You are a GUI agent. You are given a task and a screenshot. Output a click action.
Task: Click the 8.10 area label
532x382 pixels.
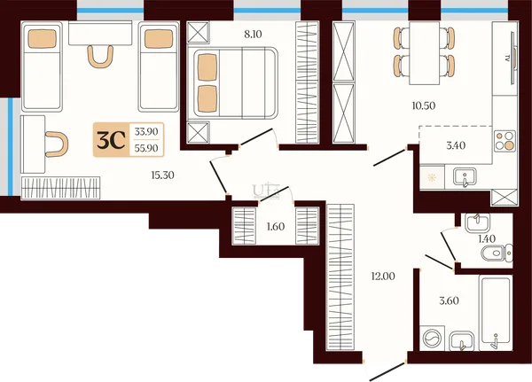[253, 35]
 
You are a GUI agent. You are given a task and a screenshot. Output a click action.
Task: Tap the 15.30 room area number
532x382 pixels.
[162, 175]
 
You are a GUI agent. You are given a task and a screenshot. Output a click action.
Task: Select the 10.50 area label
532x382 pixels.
[424, 105]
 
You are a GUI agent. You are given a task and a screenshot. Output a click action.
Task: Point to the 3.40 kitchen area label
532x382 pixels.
[456, 145]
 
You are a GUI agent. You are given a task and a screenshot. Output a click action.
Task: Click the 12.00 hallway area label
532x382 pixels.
[383, 277]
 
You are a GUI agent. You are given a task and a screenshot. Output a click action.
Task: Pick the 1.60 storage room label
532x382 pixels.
[276, 226]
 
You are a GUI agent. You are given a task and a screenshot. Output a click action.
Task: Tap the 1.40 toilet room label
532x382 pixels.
[487, 238]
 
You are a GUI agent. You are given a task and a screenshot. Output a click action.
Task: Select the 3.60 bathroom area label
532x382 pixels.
[449, 300]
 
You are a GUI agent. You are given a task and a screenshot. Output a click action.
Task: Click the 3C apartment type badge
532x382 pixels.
[112, 140]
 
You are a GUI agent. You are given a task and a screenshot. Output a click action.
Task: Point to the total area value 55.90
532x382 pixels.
[146, 148]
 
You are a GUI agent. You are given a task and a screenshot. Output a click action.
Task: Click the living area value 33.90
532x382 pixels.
[146, 131]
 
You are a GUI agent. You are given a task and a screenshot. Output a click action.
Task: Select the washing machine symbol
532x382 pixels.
[433, 339]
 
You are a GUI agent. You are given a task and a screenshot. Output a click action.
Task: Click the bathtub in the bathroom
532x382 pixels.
[496, 313]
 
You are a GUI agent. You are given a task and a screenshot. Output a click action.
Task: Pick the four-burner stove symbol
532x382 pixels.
[505, 140]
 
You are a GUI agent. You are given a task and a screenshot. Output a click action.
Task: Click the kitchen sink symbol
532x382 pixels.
[465, 176]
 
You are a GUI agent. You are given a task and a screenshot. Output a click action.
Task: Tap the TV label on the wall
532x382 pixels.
[507, 58]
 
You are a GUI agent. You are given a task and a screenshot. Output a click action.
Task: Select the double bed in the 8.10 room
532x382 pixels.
[236, 83]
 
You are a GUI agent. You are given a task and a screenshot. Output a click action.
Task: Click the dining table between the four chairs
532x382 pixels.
[425, 53]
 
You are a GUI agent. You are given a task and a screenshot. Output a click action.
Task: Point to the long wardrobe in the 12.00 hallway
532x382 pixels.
[340, 277]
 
